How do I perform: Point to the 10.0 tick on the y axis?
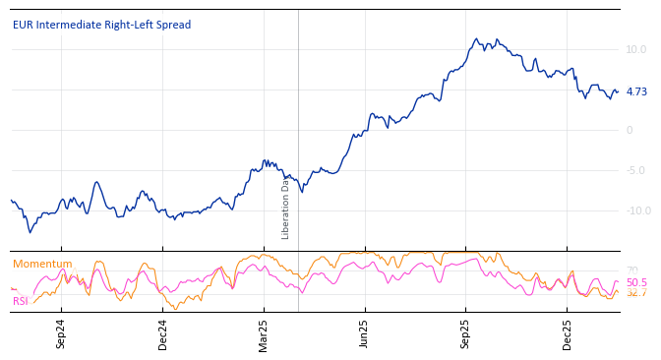pyautogui.click(x=635, y=49)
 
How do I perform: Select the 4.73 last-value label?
pyautogui.click(x=636, y=91)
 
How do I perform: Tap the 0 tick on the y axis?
pyautogui.click(x=630, y=130)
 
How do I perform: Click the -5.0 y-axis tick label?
pyautogui.click(x=635, y=170)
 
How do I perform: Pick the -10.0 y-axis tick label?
pyautogui.click(x=637, y=210)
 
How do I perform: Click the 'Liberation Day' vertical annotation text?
pyautogui.click(x=286, y=208)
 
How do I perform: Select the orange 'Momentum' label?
pyautogui.click(x=42, y=264)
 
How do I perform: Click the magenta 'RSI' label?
pyautogui.click(x=21, y=301)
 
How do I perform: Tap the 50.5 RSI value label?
pyautogui.click(x=636, y=282)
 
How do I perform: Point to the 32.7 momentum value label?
pyautogui.click(x=636, y=293)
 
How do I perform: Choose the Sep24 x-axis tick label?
pyautogui.click(x=61, y=333)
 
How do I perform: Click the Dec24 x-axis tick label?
pyautogui.click(x=163, y=333)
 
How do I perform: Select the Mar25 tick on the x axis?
pyautogui.click(x=264, y=333)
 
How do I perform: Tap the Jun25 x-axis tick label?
pyautogui.click(x=365, y=333)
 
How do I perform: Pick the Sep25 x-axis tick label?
pyautogui.click(x=466, y=333)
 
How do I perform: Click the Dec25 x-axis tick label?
pyautogui.click(x=567, y=333)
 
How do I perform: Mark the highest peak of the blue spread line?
pyautogui.click(x=476, y=39)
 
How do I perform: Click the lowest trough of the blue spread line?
pyautogui.click(x=30, y=232)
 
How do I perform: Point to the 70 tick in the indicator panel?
pyautogui.click(x=631, y=270)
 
